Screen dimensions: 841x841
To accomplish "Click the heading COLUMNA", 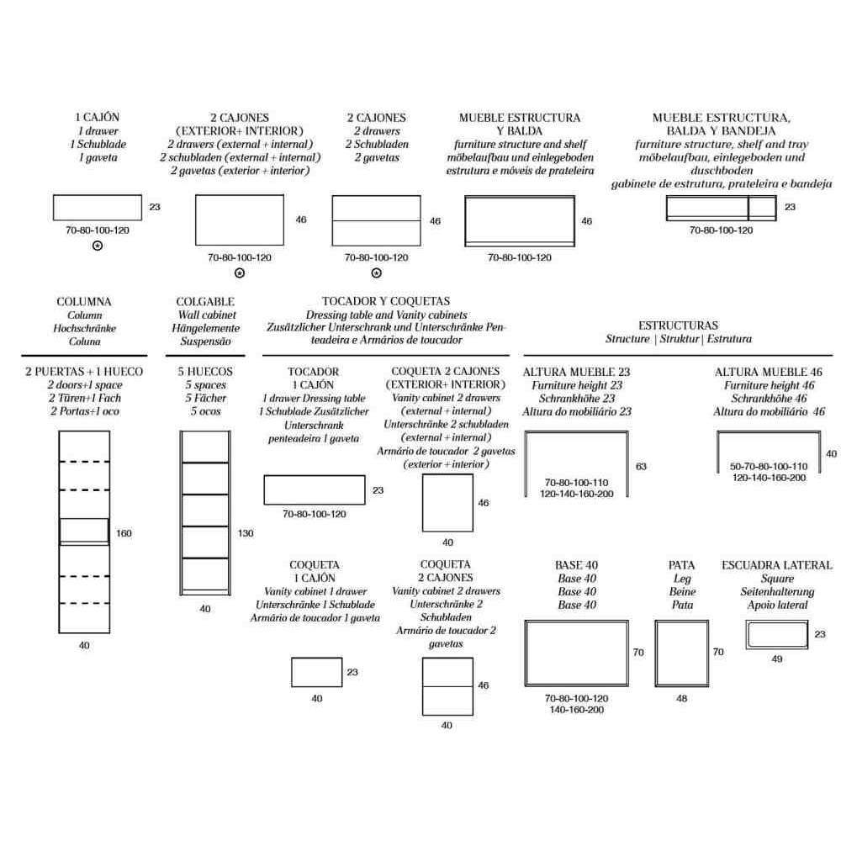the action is [x=83, y=301].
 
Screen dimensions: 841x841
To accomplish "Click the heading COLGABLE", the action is [x=205, y=301].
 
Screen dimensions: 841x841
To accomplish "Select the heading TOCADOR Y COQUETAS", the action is [x=386, y=301].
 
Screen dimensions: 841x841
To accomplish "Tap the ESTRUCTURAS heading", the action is [x=678, y=325].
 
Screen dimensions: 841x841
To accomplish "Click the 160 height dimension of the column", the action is [x=124, y=533].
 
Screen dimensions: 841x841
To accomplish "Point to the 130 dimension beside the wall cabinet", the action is [x=246, y=533].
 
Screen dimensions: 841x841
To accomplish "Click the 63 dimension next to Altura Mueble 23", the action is [x=641, y=467].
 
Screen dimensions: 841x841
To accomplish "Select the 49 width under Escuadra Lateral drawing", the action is [x=776, y=659].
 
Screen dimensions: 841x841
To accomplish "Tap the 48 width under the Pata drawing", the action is [x=682, y=698].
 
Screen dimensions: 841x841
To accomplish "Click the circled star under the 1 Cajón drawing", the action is [x=98, y=246].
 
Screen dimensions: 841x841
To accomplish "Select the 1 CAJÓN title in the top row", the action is [x=97, y=117].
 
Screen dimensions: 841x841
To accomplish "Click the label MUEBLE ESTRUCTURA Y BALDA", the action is [x=520, y=124].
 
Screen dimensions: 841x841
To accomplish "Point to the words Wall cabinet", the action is [x=207, y=315].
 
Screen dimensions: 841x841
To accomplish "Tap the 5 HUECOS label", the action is [x=205, y=371].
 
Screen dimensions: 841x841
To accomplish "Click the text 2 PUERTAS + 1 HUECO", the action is [x=84, y=371].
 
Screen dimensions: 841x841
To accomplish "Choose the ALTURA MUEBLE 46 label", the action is [x=768, y=372].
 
